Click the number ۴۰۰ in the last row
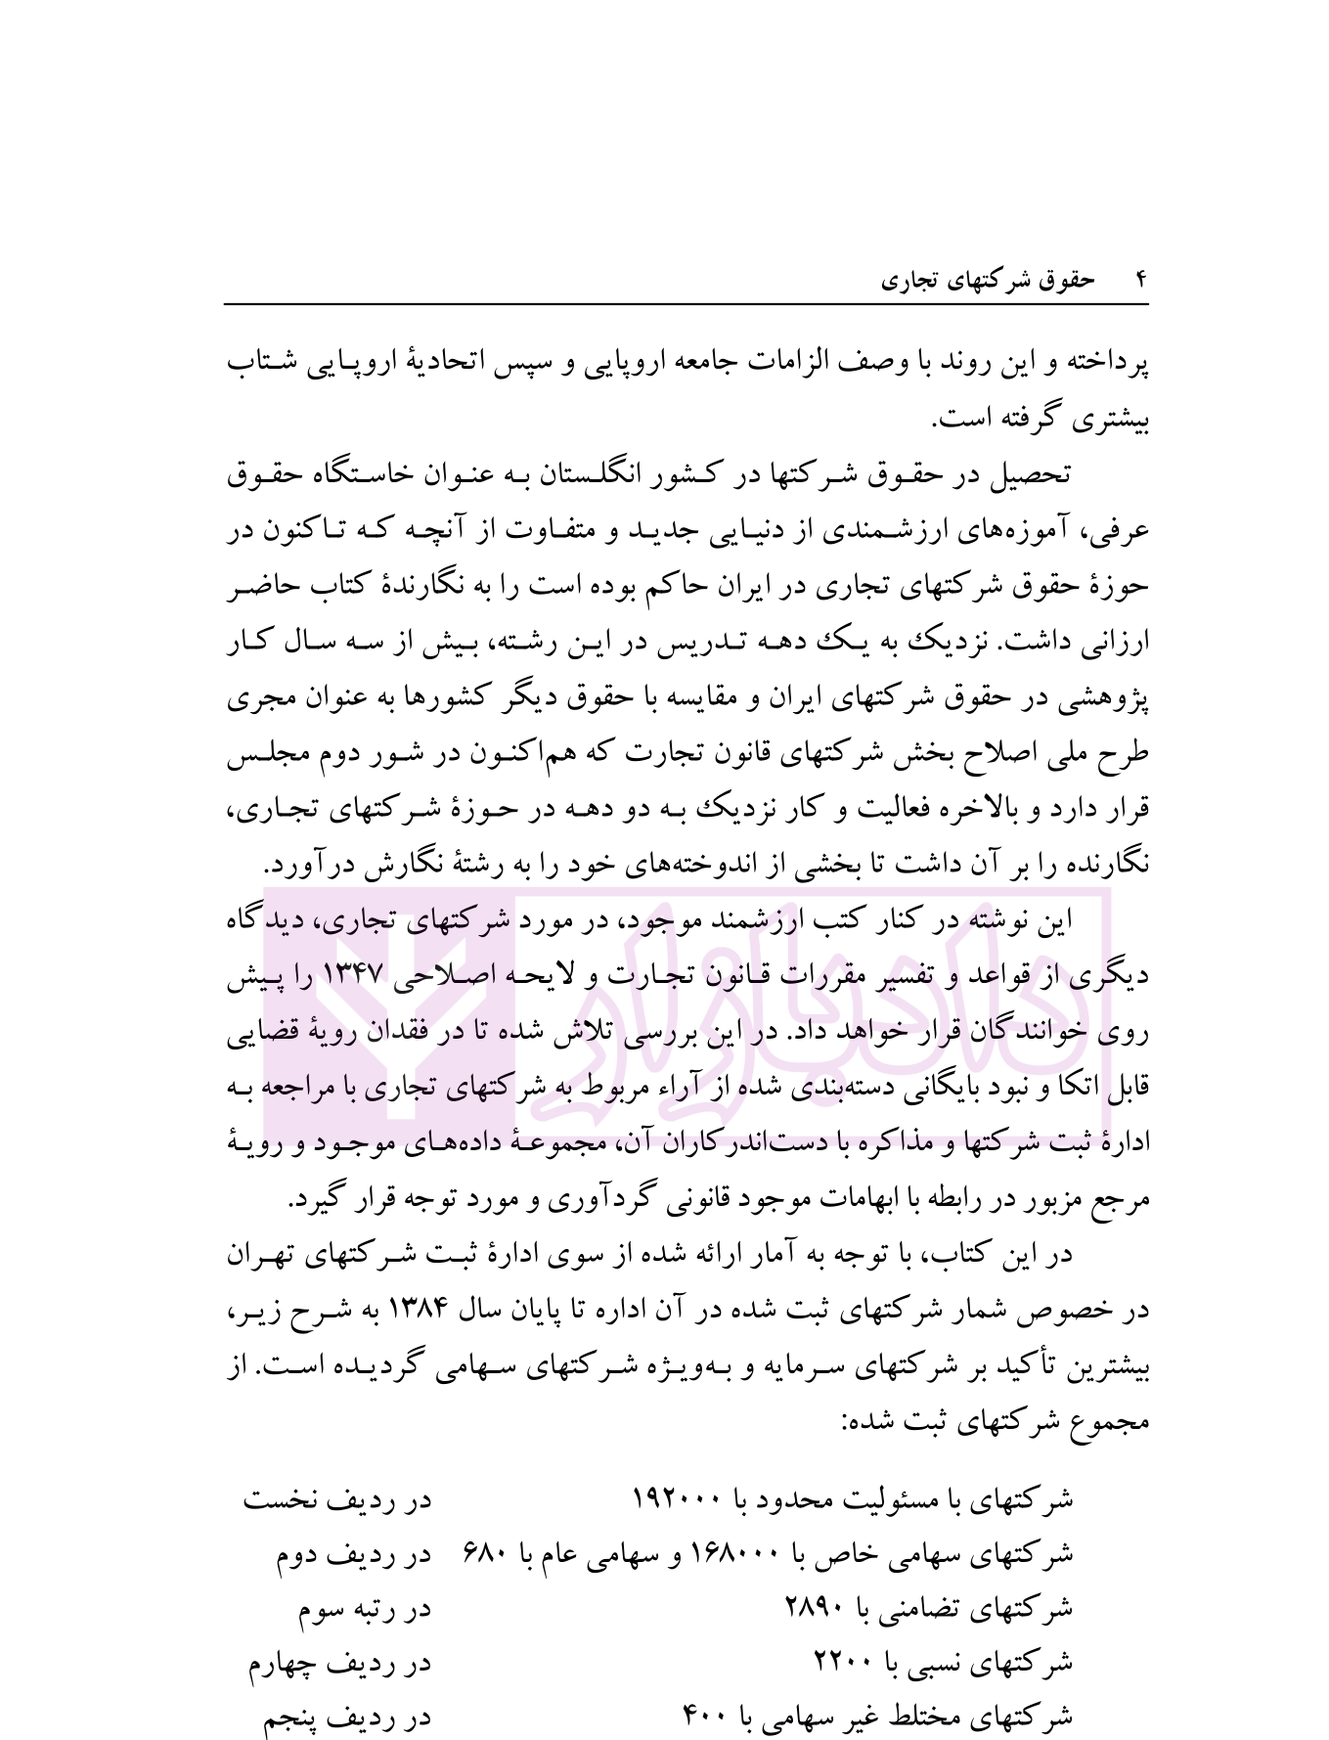[x=701, y=1716]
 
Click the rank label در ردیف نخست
[x=337, y=1500]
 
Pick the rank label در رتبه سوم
[x=364, y=1608]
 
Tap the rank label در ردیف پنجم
[x=346, y=1716]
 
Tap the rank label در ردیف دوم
[x=352, y=1554]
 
